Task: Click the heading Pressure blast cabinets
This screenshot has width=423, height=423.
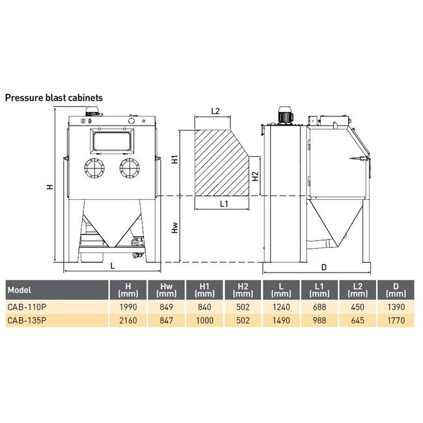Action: pyautogui.click(x=54, y=98)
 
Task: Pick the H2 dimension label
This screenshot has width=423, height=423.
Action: pyautogui.click(x=256, y=176)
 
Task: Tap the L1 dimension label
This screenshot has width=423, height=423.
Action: pyautogui.click(x=223, y=204)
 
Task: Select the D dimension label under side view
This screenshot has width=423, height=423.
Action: pyautogui.click(x=323, y=267)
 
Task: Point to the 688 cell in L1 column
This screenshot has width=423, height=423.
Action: pyautogui.click(x=319, y=307)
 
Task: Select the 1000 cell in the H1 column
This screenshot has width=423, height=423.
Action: pyautogui.click(x=204, y=320)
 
